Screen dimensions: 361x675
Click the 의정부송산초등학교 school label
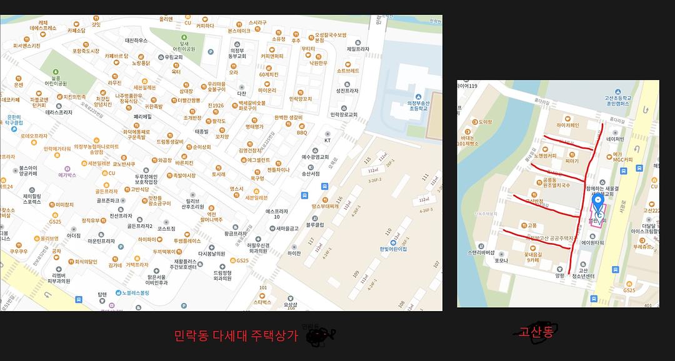point(412,106)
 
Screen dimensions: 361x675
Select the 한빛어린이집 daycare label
point(393,249)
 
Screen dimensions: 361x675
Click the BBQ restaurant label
point(302,132)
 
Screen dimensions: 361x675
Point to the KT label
point(327,141)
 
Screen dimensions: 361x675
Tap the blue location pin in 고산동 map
point(598,202)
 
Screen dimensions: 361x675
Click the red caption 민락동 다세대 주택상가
point(236,335)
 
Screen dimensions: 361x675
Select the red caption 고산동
point(536,332)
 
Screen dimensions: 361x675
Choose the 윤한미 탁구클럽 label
point(14,120)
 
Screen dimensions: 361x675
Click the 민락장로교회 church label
point(344,115)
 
